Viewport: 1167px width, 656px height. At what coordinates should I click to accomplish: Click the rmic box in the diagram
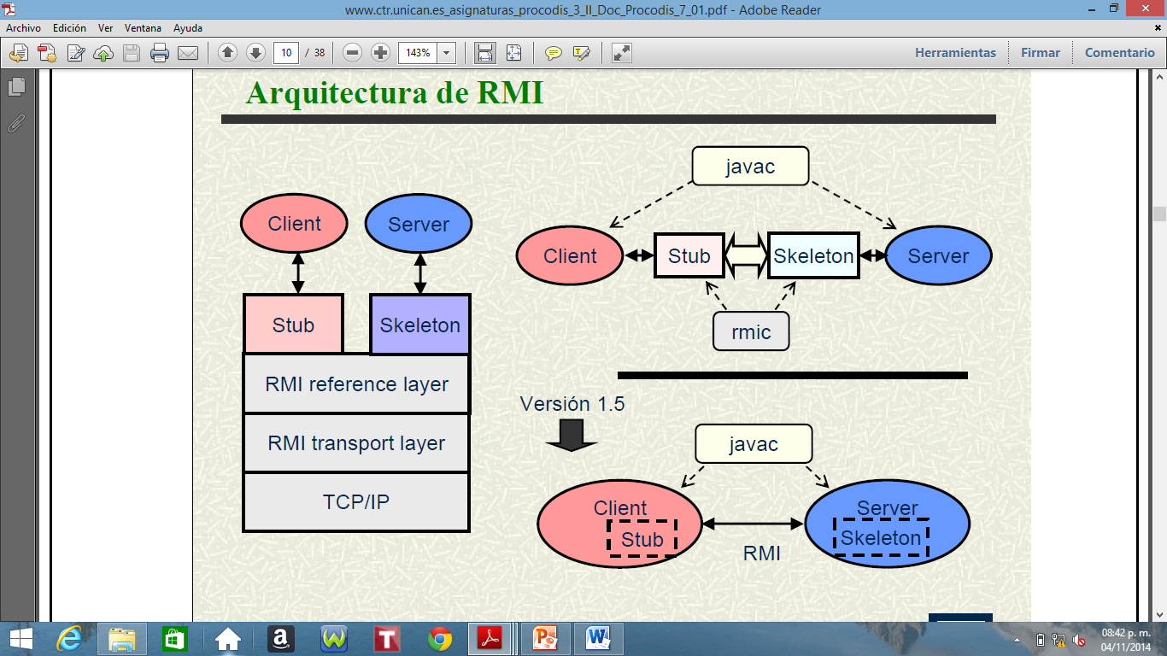click(751, 331)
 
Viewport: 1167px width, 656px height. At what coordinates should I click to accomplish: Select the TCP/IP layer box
click(356, 501)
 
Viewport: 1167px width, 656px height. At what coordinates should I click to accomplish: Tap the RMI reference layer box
click(356, 384)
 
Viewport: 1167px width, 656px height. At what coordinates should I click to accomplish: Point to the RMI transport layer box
click(356, 443)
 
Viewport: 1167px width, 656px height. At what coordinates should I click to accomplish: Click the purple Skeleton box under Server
click(419, 325)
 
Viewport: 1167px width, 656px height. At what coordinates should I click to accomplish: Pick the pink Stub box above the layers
click(293, 325)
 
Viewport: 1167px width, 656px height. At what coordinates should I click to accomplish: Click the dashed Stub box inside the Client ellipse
click(642, 539)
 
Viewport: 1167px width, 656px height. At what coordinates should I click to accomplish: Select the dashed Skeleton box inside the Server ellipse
click(881, 538)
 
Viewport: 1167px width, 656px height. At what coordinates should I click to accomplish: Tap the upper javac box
click(750, 167)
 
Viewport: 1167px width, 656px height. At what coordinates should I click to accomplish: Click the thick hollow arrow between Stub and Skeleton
click(746, 255)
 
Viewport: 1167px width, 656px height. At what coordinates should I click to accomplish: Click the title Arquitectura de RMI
click(394, 92)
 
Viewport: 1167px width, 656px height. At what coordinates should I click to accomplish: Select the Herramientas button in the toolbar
click(955, 52)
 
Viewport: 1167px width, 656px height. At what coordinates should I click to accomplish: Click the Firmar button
click(1040, 52)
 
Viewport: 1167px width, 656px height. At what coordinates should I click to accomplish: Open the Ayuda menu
click(188, 28)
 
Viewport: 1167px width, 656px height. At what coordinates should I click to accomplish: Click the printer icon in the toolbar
click(160, 53)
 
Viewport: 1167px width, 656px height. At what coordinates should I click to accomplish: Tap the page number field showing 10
click(286, 53)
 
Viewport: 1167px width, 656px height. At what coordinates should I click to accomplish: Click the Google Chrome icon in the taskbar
click(440, 639)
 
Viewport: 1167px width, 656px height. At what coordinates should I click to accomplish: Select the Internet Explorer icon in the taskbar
click(68, 639)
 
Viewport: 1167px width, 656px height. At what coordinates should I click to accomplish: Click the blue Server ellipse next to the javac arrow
click(938, 255)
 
